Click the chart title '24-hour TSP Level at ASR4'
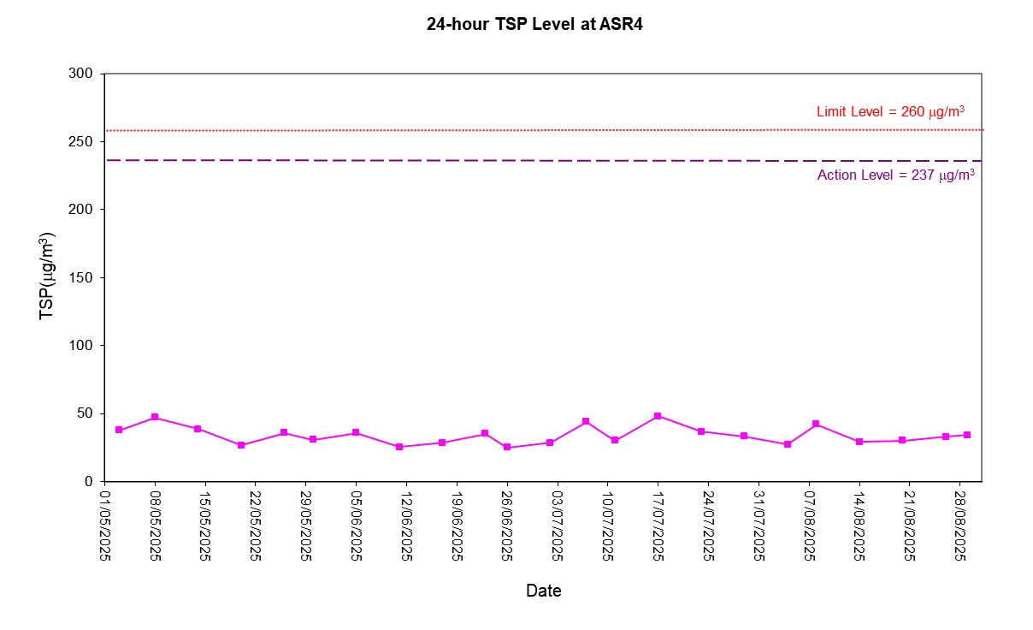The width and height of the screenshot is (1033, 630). (534, 24)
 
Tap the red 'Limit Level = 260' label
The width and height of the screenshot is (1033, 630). (890, 111)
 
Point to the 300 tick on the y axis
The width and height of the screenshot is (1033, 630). (82, 74)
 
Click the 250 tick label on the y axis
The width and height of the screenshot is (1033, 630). (82, 141)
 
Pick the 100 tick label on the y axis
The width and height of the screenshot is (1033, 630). (82, 346)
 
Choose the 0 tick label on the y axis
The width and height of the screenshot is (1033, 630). (89, 482)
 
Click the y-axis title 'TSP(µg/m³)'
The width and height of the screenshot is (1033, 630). (48, 276)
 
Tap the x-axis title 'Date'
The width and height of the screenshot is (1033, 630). (543, 591)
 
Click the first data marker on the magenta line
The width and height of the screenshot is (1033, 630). (119, 430)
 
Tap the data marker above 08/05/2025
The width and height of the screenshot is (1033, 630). (155, 417)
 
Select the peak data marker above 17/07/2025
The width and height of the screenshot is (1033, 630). (658, 416)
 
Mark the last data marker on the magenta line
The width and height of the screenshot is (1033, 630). (967, 435)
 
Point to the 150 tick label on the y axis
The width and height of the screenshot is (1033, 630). (82, 277)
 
